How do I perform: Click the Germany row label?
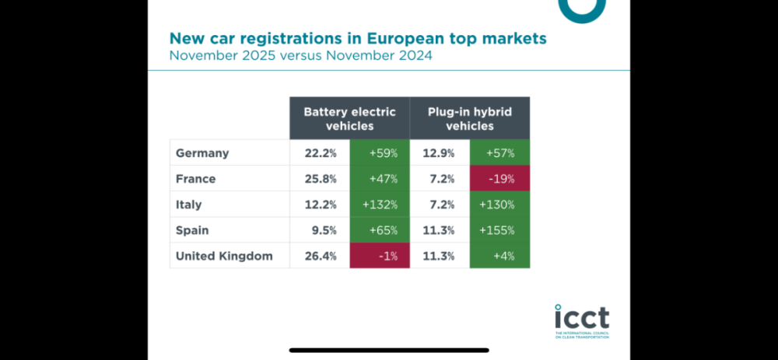(202, 153)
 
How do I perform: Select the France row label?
(195, 179)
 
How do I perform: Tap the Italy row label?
(189, 204)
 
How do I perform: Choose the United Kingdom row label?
(224, 256)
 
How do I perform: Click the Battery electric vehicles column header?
(349, 118)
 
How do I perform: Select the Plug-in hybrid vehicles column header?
(470, 118)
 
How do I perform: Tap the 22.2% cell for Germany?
(320, 153)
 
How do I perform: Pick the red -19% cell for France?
(499, 179)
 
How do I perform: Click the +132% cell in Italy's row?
(380, 204)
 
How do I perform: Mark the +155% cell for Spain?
(499, 230)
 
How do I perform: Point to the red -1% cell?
(380, 256)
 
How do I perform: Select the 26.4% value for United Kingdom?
(320, 256)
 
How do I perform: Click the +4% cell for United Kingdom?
(499, 256)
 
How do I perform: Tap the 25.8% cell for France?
(320, 179)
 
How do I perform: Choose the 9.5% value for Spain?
(320, 230)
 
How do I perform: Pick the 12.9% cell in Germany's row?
(440, 153)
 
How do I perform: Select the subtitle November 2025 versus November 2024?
(301, 56)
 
